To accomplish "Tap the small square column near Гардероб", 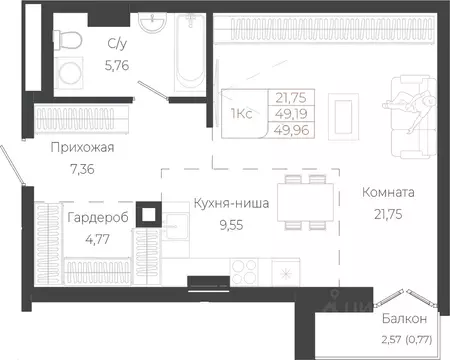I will pos(149,213).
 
